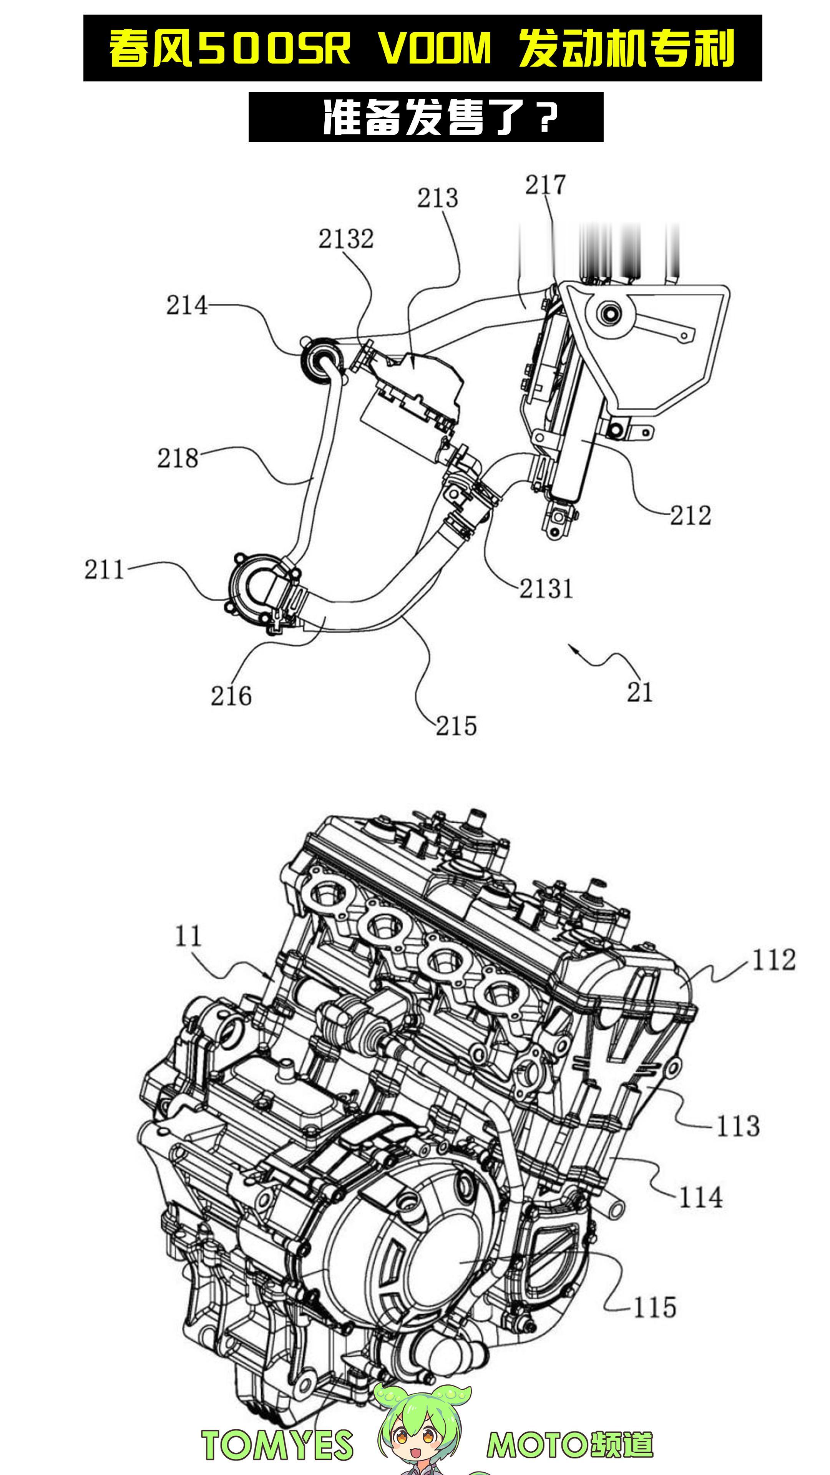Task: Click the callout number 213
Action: tap(438, 198)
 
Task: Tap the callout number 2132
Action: tap(346, 239)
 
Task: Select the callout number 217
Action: tap(545, 185)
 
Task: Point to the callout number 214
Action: tap(187, 305)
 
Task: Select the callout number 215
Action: tap(456, 726)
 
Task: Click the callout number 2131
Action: tap(546, 588)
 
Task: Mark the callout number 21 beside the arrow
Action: tap(640, 692)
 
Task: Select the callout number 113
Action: tap(738, 1126)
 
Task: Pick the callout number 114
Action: tap(701, 1197)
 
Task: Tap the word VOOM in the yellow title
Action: tap(435, 48)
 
